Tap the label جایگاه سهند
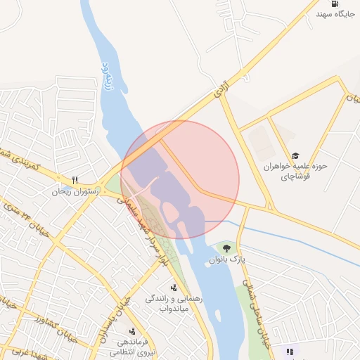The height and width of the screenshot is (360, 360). tap(333, 14)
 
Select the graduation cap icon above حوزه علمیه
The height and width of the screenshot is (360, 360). tap(295, 155)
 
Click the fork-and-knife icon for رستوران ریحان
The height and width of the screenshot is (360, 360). tap(75, 179)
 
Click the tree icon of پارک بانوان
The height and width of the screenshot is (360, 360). tap(226, 247)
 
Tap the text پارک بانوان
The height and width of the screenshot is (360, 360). tap(226, 259)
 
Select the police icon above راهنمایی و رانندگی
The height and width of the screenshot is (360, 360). tap(174, 287)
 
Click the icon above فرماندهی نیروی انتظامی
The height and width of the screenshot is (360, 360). tap(131, 330)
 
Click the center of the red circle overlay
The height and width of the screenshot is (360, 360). tap(180, 179)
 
